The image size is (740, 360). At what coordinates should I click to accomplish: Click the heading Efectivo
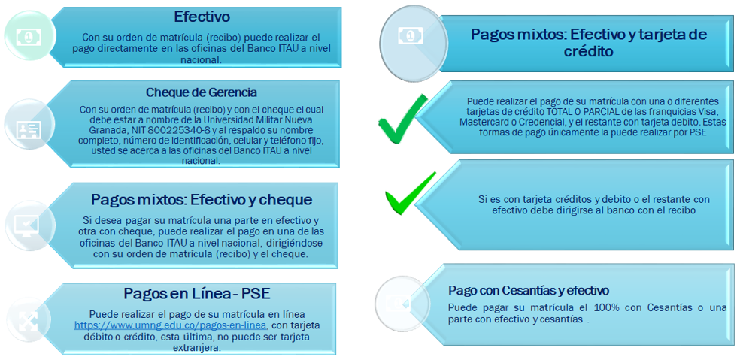pyautogui.click(x=202, y=17)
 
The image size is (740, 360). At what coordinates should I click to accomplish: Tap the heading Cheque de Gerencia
pyautogui.click(x=202, y=92)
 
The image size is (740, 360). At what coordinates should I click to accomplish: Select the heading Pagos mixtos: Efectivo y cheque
pyautogui.click(x=202, y=200)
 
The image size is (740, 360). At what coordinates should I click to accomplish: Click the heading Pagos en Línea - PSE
pyautogui.click(x=197, y=293)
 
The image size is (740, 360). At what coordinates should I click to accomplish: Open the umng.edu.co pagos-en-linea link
pyautogui.click(x=171, y=325)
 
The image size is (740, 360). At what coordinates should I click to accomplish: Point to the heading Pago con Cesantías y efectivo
pyautogui.click(x=529, y=289)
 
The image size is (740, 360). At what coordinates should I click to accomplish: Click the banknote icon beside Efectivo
pyautogui.click(x=29, y=36)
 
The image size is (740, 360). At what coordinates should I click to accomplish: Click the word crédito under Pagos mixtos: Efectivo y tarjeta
pyautogui.click(x=589, y=51)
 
